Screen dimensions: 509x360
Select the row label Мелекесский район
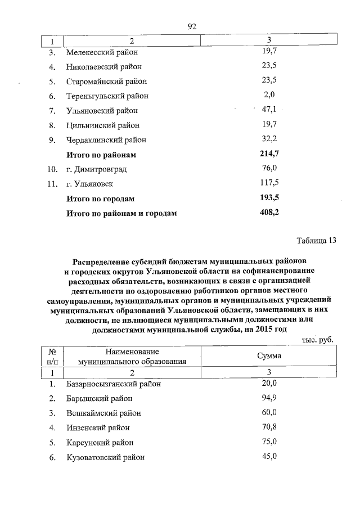pyautogui.click(x=102, y=52)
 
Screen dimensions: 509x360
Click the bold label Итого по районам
pyautogui.click(x=101, y=154)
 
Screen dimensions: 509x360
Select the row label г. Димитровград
pyautogui.click(x=96, y=169)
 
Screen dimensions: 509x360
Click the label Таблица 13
pyautogui.click(x=316, y=241)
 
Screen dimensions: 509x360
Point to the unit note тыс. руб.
pyautogui.click(x=317, y=340)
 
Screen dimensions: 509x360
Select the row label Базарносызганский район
pyautogui.click(x=113, y=384)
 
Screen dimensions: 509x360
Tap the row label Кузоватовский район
pyautogui.click(x=105, y=457)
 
